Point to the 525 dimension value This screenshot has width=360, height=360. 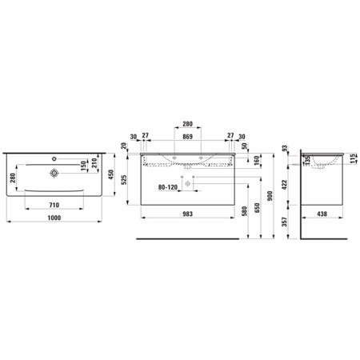tap(123, 181)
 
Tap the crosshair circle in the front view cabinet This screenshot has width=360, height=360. tap(188, 183)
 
